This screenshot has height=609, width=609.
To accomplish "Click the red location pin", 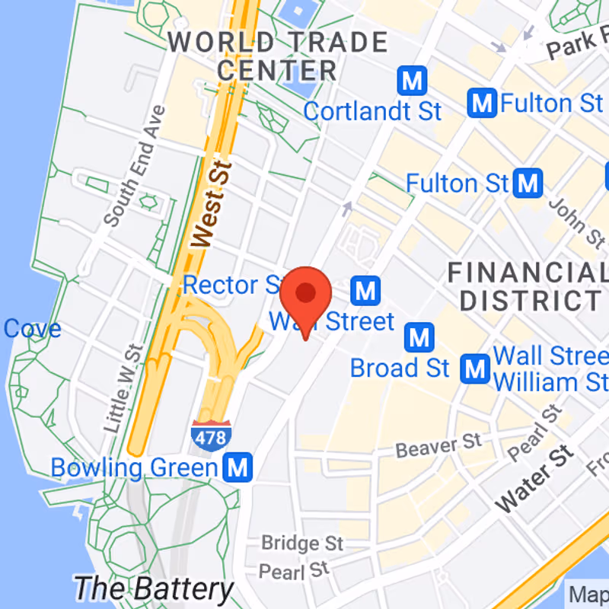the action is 305,295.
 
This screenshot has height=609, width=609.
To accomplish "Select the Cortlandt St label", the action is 372,111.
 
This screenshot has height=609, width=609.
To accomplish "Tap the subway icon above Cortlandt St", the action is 412,80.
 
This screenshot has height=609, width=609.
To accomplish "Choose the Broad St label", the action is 400,368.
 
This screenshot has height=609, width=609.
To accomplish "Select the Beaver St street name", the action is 439,445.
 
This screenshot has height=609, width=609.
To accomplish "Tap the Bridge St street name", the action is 302,544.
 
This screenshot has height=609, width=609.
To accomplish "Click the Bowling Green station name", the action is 134,467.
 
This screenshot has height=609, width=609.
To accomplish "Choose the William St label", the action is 548,381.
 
